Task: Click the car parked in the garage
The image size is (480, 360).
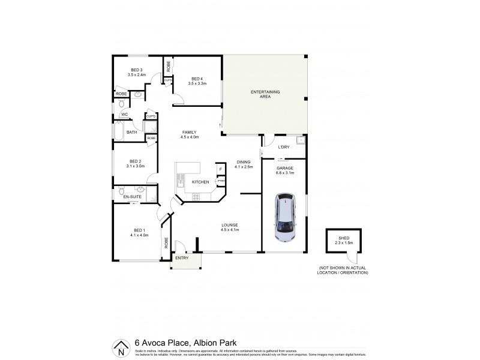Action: [x=284, y=217]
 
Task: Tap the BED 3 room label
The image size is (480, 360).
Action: [x=137, y=70]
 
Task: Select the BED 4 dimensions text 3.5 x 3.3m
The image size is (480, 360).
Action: [x=197, y=84]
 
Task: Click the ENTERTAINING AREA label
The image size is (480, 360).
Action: [x=265, y=94]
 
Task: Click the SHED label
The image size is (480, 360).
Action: [x=343, y=238]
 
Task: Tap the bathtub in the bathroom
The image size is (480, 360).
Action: [x=118, y=131]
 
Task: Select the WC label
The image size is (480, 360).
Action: [x=125, y=114]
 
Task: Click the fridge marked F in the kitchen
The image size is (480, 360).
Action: [x=220, y=170]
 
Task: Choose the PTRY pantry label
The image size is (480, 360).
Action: [x=221, y=181]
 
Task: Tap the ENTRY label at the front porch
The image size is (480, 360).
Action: [x=181, y=258]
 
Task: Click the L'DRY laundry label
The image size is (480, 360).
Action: [x=283, y=147]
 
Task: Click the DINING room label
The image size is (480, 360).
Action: [x=244, y=162]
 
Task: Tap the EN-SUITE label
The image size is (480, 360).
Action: [x=131, y=197]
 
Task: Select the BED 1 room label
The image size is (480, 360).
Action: [x=139, y=230]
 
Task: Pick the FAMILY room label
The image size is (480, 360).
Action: [x=189, y=132]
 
